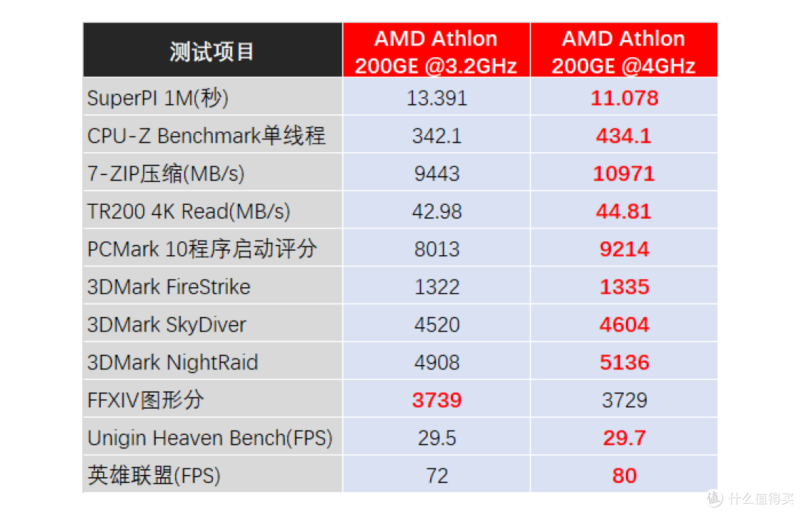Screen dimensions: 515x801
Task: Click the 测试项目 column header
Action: pos(212,51)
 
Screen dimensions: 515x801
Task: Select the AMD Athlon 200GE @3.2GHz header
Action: pos(436,51)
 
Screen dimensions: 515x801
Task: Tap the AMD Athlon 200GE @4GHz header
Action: pos(624,51)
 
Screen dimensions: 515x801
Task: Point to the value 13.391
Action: pos(437,98)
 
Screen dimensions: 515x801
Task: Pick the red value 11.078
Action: pos(624,98)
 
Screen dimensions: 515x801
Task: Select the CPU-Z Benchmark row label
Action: pos(206,136)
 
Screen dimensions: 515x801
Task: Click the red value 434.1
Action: pos(624,136)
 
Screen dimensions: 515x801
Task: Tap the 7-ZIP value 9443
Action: pos(437,174)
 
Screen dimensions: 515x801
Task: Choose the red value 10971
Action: pos(624,174)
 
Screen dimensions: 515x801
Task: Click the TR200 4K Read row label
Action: pos(188,211)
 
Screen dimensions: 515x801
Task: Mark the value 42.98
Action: pos(437,211)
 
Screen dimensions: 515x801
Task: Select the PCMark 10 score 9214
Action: pos(624,249)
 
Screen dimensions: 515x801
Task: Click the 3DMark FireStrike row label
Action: pos(169,287)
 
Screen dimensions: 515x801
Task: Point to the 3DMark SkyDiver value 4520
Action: pos(437,325)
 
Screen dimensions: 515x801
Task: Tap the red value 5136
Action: pos(624,363)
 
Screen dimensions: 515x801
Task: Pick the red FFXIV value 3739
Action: pos(437,401)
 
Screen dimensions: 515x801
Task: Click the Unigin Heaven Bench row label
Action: pos(210,438)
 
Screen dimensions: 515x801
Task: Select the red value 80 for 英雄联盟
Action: pos(624,476)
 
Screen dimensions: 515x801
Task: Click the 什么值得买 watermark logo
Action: pos(750,497)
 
